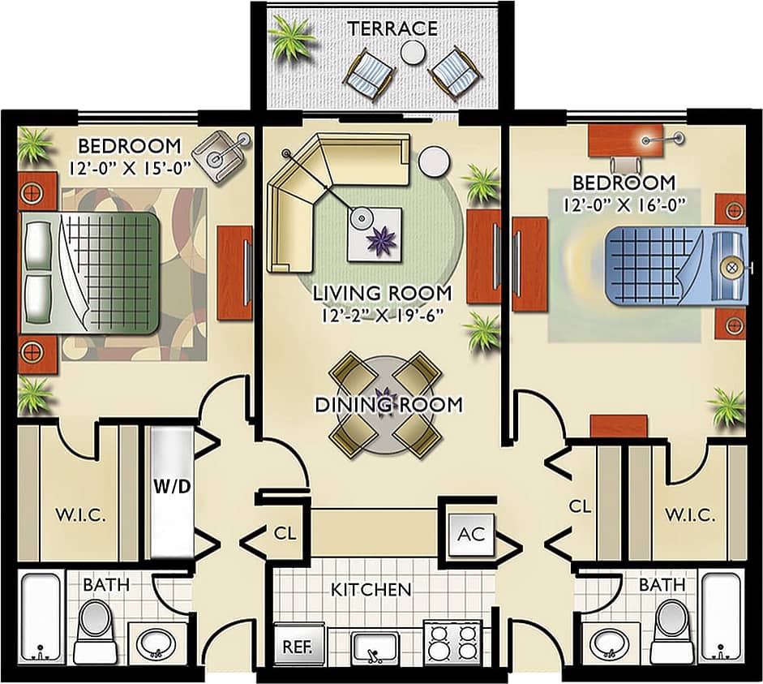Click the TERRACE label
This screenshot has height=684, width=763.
(x=392, y=29)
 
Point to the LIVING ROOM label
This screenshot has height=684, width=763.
(x=383, y=292)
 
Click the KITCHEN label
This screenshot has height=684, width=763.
(x=371, y=589)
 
